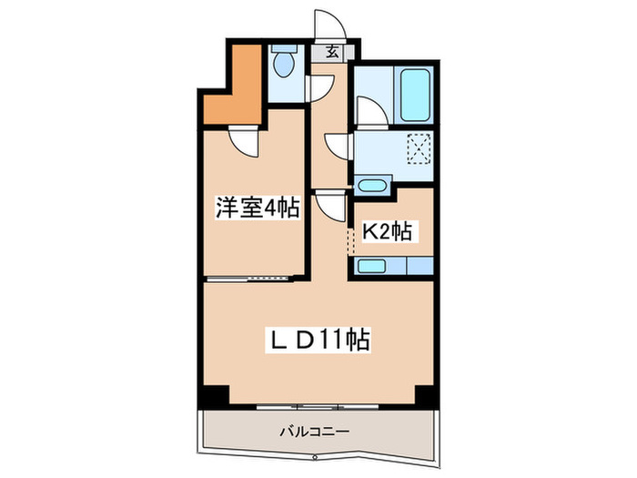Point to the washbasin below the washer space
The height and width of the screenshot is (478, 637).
tap(372, 186)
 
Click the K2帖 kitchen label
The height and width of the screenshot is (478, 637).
tap(388, 232)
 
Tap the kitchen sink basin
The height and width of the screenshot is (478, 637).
tap(373, 266)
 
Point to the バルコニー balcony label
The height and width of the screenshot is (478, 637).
tap(316, 432)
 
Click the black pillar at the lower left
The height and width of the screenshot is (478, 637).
tap(213, 395)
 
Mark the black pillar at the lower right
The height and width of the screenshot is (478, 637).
tap(426, 395)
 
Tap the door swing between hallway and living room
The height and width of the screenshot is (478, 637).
tap(329, 204)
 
